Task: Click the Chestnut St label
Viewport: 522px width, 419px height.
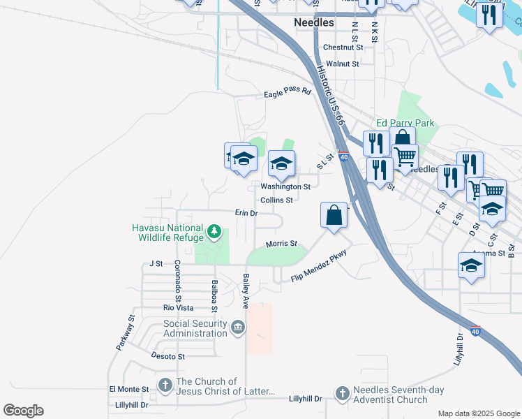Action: tap(343, 47)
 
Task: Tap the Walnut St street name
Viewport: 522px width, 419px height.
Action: tap(342, 64)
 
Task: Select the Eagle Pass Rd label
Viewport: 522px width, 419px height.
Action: tap(287, 95)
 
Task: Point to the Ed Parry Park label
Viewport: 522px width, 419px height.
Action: tap(405, 123)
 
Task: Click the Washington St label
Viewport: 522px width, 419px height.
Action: tap(285, 186)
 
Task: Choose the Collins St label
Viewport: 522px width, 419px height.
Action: tap(276, 200)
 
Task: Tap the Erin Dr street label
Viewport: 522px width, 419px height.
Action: tap(246, 212)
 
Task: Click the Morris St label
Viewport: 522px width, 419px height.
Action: tap(281, 244)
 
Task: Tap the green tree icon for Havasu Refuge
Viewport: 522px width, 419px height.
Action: tap(216, 230)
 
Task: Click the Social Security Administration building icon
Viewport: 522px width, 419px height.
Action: tap(237, 328)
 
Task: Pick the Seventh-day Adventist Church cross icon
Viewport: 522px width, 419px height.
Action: tap(342, 394)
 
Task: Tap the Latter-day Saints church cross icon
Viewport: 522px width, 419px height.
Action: tap(165, 385)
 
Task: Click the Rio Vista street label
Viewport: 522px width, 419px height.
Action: tap(178, 307)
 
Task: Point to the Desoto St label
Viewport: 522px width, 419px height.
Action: tap(167, 355)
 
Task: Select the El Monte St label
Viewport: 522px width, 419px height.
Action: tap(129, 389)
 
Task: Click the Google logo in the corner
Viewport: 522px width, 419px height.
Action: tap(23, 411)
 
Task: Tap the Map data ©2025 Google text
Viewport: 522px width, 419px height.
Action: tap(478, 413)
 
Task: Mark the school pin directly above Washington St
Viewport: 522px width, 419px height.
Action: tap(281, 163)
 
